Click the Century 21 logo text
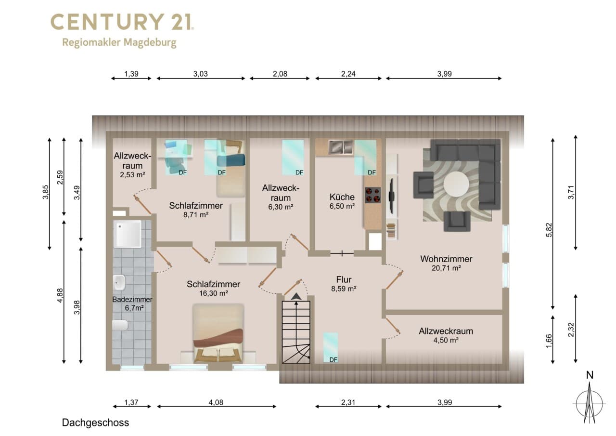pos(122,22)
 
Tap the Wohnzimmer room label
pos(446,259)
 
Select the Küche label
pos(342,197)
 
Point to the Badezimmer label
pos(132,300)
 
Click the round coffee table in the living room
pos(456,184)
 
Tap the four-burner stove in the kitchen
pos(373,195)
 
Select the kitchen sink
pos(341,147)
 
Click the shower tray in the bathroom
pos(128,234)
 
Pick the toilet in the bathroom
pos(120,325)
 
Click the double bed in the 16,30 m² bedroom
pos(218,333)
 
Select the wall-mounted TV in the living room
pos(392,197)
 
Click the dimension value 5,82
pos(549,230)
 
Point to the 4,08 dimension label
pos(216,402)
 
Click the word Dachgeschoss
pos(95,423)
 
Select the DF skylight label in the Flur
pos(334,360)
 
